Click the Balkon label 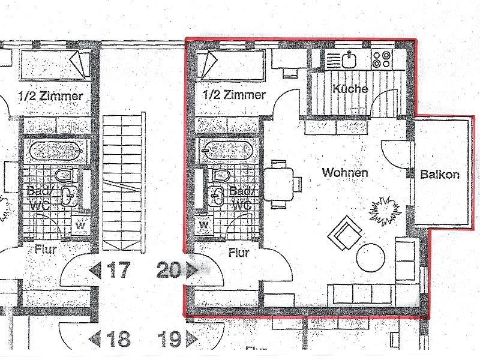pyautogui.click(x=440, y=174)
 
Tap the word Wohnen pyautogui.click(x=345, y=173)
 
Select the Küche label pyautogui.click(x=350, y=88)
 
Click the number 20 pyautogui.click(x=169, y=270)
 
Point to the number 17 pyautogui.click(x=118, y=270)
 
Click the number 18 pyautogui.click(x=118, y=339)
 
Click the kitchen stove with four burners pyautogui.click(x=382, y=59)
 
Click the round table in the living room pyautogui.click(x=371, y=257)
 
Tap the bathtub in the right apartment pyautogui.click(x=229, y=150)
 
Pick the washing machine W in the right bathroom pyautogui.click(x=204, y=225)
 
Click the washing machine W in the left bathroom pyautogui.click(x=80, y=226)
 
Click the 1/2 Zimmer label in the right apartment pyautogui.click(x=234, y=95)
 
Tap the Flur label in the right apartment pyautogui.click(x=239, y=253)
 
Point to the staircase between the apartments pyautogui.click(x=124, y=183)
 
